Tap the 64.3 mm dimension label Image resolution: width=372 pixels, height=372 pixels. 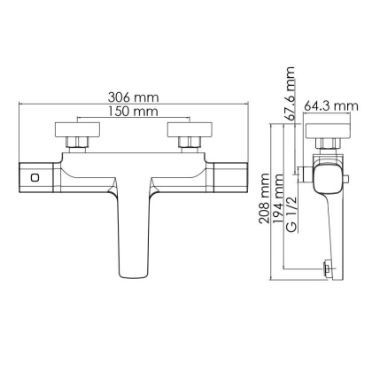pyautogui.click(x=330, y=106)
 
